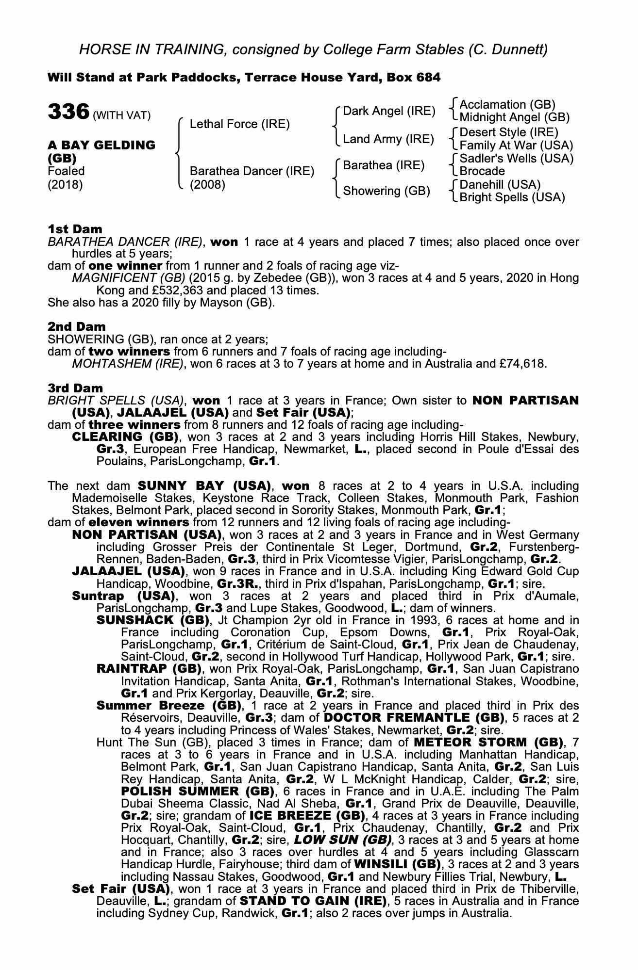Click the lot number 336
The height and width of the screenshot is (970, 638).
[x=68, y=111]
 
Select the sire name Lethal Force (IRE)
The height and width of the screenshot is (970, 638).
[x=239, y=124]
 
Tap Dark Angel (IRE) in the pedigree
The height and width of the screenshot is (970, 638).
[x=389, y=111]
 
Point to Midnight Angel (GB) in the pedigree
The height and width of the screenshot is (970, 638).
[x=514, y=117]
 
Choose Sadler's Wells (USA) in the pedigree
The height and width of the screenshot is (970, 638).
[x=516, y=159]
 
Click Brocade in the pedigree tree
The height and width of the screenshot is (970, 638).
[x=482, y=171]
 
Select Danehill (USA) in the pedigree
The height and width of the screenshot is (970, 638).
[x=500, y=185]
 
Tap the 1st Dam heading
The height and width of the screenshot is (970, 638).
[x=75, y=229]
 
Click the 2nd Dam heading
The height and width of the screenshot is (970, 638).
[x=77, y=327]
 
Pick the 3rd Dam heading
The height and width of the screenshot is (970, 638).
[x=76, y=388]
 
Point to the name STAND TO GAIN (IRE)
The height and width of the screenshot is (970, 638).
[x=313, y=901]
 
